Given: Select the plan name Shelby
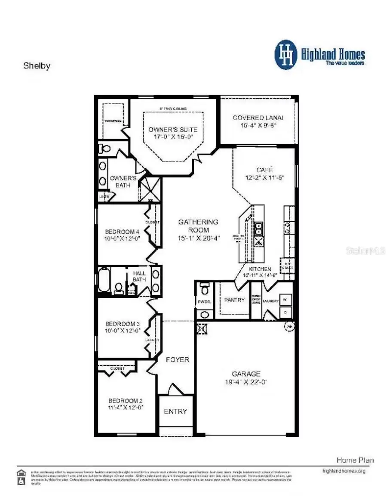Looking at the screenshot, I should (37, 66).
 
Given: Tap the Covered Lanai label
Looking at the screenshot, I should (258, 118).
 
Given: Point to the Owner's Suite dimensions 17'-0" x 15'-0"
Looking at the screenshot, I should (173, 137).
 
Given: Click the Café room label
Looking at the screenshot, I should (264, 170).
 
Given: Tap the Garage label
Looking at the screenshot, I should (246, 374).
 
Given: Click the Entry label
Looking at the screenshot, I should (175, 411).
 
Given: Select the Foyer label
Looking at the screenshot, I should (177, 359).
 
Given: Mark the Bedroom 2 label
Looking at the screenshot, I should (126, 400).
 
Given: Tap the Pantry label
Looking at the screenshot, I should (234, 300).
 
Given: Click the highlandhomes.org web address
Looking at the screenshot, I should (344, 471).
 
